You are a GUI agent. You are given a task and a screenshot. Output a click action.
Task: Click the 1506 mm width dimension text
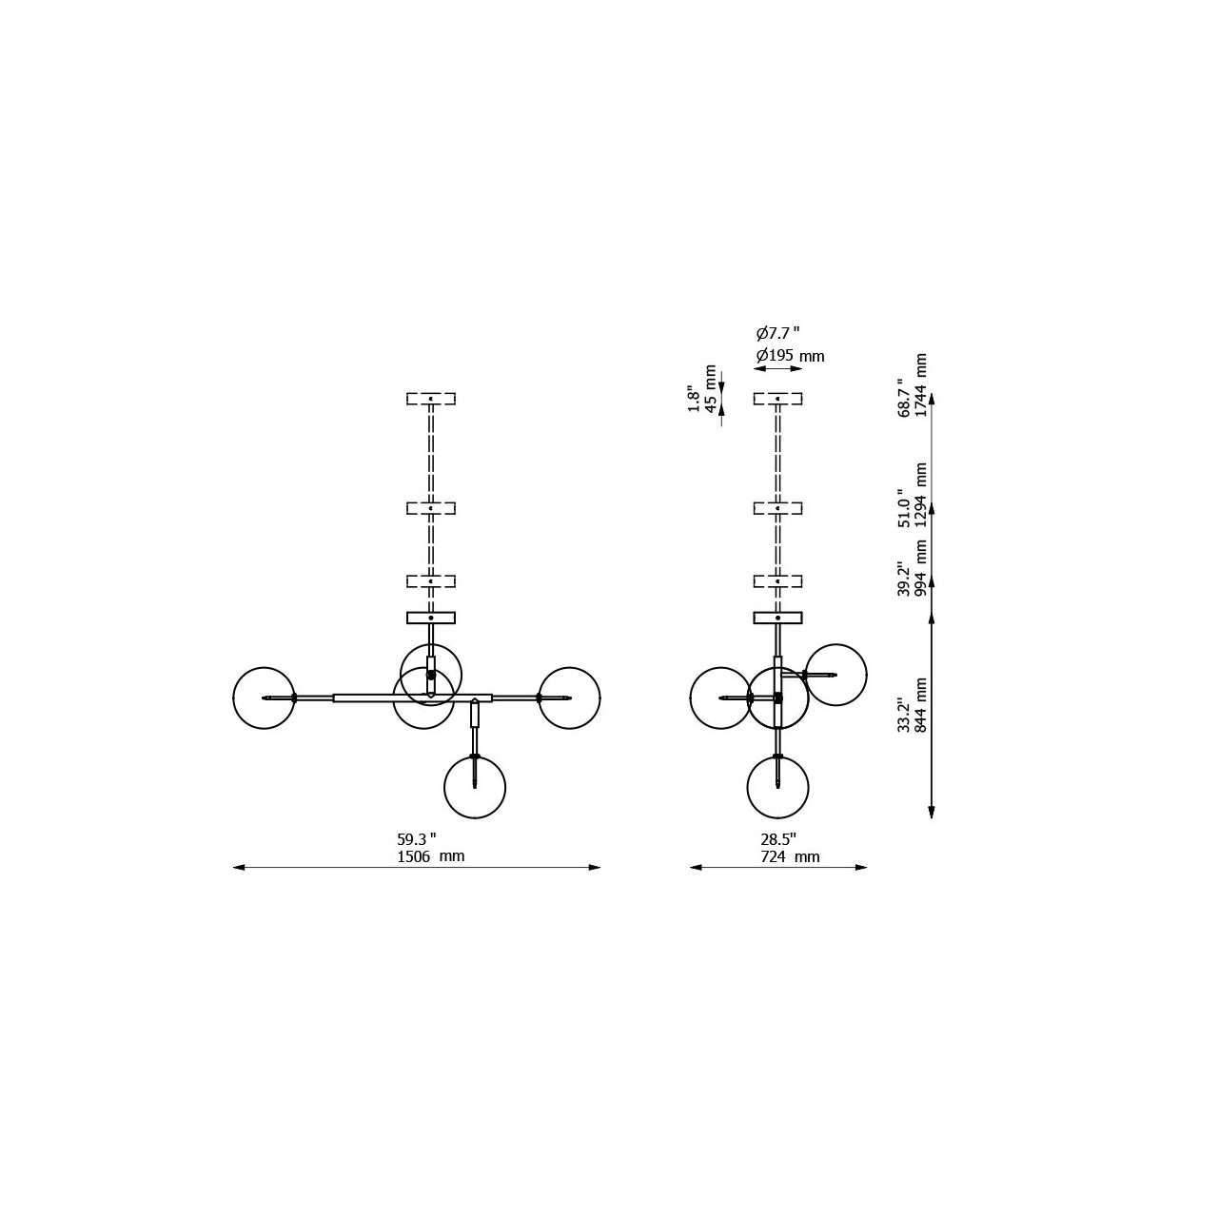pos(430,856)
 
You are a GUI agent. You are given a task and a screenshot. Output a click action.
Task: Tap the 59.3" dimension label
pos(417,839)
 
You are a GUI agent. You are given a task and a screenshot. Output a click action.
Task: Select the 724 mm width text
pos(790,856)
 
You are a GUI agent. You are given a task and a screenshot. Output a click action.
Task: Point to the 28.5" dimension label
pos(778,839)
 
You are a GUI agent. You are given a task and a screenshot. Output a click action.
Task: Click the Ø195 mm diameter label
pos(790,356)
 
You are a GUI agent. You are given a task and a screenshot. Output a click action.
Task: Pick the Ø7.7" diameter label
pos(778,332)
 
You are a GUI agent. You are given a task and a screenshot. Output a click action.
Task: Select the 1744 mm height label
pos(921,385)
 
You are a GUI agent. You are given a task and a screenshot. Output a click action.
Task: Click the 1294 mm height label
pos(921,495)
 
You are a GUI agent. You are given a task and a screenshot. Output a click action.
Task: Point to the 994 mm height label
pos(921,568)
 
